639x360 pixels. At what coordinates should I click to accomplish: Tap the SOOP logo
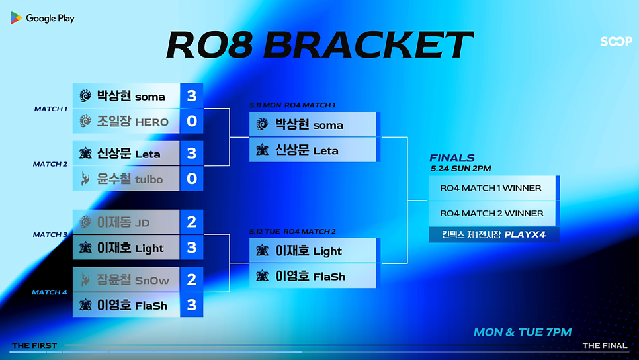coord(617,41)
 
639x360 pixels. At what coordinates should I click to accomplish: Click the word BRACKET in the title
coord(368,45)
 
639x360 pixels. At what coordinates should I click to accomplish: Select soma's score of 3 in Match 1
coord(192,96)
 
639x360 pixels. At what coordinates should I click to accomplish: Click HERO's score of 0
coord(192,121)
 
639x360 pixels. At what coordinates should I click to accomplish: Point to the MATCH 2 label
coord(50,164)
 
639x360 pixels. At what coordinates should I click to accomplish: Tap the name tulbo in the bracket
coord(149,179)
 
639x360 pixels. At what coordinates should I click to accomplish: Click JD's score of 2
coord(192,222)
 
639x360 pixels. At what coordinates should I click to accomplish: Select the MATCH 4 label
coord(50,292)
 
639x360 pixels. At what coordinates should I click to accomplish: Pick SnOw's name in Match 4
coord(152,281)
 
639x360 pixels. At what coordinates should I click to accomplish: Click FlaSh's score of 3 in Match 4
coord(192,305)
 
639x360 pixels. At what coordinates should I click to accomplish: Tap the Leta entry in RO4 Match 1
coord(313,150)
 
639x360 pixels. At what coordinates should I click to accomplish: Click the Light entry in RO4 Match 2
coord(313,251)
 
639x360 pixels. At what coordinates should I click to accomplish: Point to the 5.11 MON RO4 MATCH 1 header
coord(292,105)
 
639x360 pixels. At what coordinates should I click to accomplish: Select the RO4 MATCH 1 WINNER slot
coord(492,188)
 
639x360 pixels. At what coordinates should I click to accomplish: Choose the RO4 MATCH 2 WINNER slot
coord(492,213)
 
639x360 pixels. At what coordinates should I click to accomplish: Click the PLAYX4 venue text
coord(525,235)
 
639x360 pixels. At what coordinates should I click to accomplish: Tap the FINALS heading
coord(452,157)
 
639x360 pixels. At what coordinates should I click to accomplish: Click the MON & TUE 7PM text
coord(523,332)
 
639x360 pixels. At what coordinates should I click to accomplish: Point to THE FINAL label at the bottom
coord(605,345)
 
